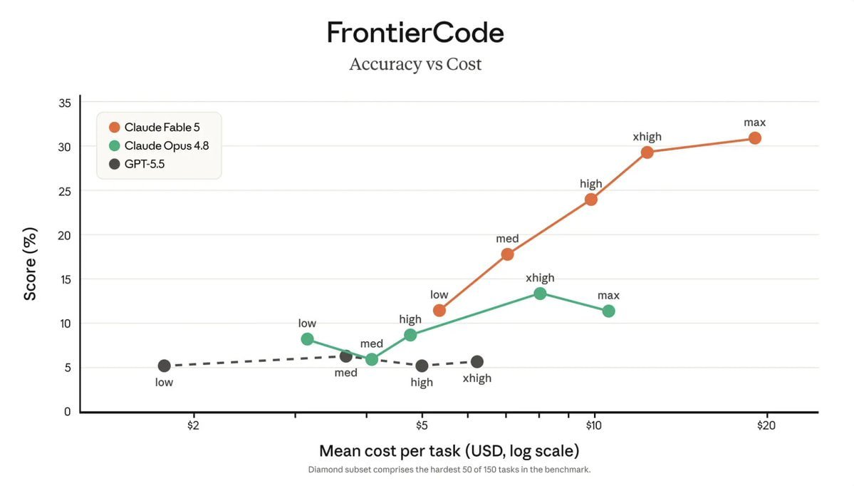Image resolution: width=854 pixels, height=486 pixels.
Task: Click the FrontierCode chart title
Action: pyautogui.click(x=415, y=33)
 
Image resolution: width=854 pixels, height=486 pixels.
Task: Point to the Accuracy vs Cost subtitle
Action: pyautogui.click(x=415, y=64)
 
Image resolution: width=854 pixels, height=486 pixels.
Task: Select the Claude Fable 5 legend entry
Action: pyautogui.click(x=155, y=128)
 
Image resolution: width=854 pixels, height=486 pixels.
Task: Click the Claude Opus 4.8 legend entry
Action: pyautogui.click(x=159, y=145)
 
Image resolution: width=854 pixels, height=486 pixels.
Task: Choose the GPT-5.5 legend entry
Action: pyautogui.click(x=137, y=164)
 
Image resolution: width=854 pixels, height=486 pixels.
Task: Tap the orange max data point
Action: pyautogui.click(x=754, y=138)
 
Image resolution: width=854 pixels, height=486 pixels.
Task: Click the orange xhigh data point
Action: pyautogui.click(x=647, y=152)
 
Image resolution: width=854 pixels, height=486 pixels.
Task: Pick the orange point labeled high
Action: pyautogui.click(x=591, y=200)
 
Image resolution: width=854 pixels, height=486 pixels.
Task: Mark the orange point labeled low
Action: pyautogui.click(x=439, y=311)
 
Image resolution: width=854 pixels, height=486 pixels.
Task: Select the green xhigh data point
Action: pyautogui.click(x=540, y=294)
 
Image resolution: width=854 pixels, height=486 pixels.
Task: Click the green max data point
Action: pyautogui.click(x=608, y=311)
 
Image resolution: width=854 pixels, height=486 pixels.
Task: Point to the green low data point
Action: pyautogui.click(x=307, y=339)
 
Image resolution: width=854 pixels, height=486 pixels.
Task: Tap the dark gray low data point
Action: pyautogui.click(x=164, y=366)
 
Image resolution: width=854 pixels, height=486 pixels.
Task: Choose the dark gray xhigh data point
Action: pyautogui.click(x=477, y=362)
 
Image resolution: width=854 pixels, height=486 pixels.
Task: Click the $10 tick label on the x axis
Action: pyautogui.click(x=593, y=425)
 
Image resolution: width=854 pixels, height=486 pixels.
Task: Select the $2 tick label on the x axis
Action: pyautogui.click(x=193, y=425)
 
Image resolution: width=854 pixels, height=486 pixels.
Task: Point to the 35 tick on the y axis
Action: pyautogui.click(x=65, y=103)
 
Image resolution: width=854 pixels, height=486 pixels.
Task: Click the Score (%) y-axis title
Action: pyautogui.click(x=30, y=264)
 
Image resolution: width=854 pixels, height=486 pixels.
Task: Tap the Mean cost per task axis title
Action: pyautogui.click(x=449, y=451)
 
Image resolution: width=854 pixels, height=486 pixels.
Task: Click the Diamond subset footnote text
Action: pyautogui.click(x=449, y=470)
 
